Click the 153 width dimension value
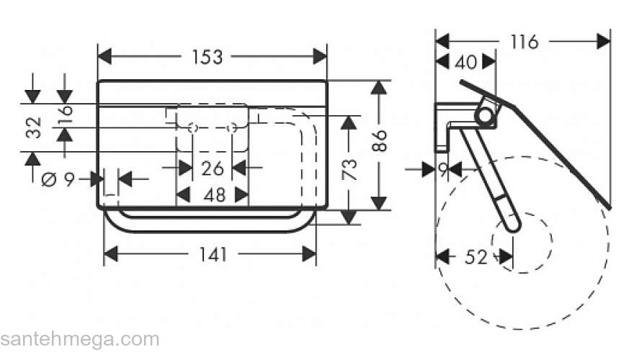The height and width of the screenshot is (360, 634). [x=213, y=56]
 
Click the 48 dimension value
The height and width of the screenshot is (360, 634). [x=212, y=194]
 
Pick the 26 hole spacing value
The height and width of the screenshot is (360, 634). [x=212, y=168]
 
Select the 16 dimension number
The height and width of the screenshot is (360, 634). [x=66, y=114]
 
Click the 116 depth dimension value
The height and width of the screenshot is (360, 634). [x=524, y=42]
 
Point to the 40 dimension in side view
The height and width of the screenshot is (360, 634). [x=466, y=63]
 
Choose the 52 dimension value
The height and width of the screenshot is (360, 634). [x=475, y=256]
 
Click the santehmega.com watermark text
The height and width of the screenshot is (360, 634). [x=79, y=338]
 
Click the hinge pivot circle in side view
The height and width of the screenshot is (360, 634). [x=486, y=115]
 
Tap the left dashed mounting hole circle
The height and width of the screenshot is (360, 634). [x=192, y=128]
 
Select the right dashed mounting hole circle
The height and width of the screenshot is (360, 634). [x=232, y=128]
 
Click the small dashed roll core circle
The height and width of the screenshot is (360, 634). [x=521, y=242]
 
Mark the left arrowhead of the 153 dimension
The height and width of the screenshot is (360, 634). [x=104, y=56]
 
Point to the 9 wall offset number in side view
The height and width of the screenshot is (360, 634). [x=443, y=170]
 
